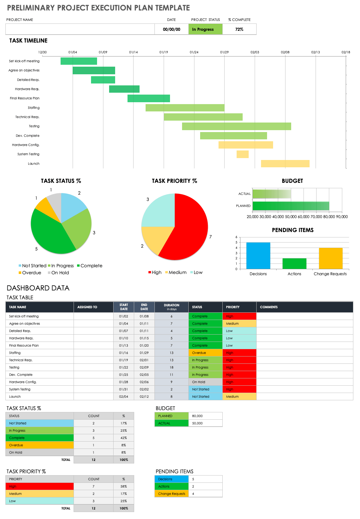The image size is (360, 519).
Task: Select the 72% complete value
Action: pyautogui.click(x=239, y=29)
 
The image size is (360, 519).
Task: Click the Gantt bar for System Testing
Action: pyautogui.click(x=242, y=154)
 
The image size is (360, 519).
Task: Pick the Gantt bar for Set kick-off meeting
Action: pyautogui.click(x=79, y=61)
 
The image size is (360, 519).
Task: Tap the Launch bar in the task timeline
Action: pyautogui.click(x=285, y=163)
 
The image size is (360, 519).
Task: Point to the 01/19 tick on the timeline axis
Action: pyautogui.click(x=164, y=52)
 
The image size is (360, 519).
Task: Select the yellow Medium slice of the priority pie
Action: pyautogui.click(x=152, y=238)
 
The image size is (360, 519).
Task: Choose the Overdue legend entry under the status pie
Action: pyautogui.click(x=30, y=273)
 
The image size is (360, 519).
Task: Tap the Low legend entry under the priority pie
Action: pyautogui.click(x=196, y=272)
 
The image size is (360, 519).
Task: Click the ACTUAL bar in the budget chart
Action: pyautogui.click(x=272, y=194)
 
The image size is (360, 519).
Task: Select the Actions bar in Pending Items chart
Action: pyautogui.click(x=294, y=263)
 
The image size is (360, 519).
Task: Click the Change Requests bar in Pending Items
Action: pyautogui.click(x=331, y=258)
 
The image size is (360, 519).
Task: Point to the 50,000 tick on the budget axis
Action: pyautogui.click(x=291, y=217)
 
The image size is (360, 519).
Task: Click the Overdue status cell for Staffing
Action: pyautogui.click(x=205, y=353)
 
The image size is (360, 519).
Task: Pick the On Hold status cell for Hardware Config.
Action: pyautogui.click(x=205, y=382)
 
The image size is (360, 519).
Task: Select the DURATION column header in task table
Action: pyautogui.click(x=172, y=307)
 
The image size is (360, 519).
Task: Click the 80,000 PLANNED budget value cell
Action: pyautogui.click(x=205, y=416)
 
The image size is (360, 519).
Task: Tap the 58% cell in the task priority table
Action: pyautogui.click(x=123, y=486)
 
